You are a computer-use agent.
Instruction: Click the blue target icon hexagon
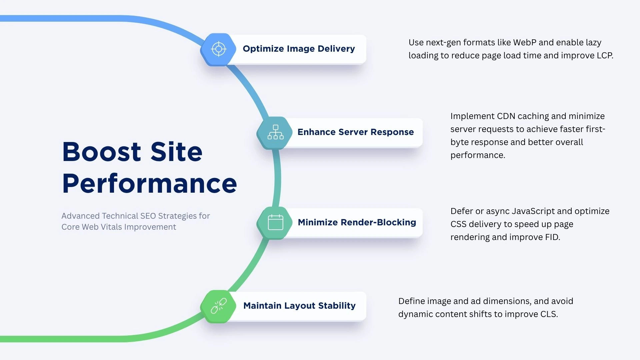219,49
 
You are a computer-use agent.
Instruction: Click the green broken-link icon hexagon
219,306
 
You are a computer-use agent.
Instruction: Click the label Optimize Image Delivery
299,49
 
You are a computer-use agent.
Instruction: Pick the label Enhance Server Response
355,132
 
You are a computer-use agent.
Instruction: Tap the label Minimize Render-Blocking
357,222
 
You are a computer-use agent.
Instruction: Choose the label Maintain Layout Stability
299,306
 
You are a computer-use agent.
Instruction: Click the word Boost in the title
102,152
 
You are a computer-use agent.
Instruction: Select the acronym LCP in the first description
604,56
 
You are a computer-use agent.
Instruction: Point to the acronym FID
552,237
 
